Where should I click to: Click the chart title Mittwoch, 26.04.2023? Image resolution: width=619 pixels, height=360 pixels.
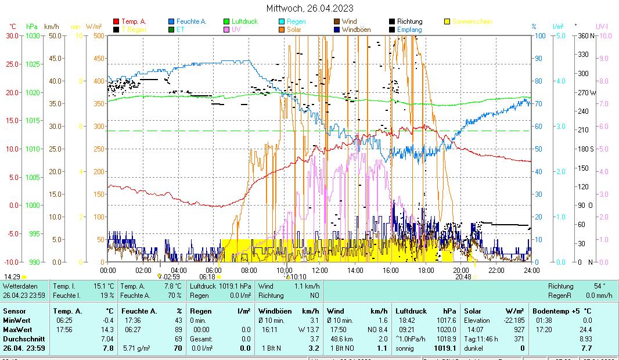point(310,8)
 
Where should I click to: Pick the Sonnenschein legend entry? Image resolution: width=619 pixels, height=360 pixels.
point(472,21)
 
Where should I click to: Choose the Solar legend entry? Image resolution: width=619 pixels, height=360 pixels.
point(297,29)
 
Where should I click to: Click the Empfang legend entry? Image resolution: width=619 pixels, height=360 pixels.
point(409,29)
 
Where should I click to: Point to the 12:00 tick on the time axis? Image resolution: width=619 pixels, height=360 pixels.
point(320,270)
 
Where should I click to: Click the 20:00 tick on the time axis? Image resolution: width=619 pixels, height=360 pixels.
point(461,270)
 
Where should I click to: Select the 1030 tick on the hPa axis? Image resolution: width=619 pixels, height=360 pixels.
point(33,36)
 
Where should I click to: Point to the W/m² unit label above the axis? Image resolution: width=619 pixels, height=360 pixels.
point(93,27)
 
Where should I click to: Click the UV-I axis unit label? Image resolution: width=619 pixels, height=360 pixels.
point(603,27)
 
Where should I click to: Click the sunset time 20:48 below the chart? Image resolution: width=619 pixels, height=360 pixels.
point(463,277)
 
